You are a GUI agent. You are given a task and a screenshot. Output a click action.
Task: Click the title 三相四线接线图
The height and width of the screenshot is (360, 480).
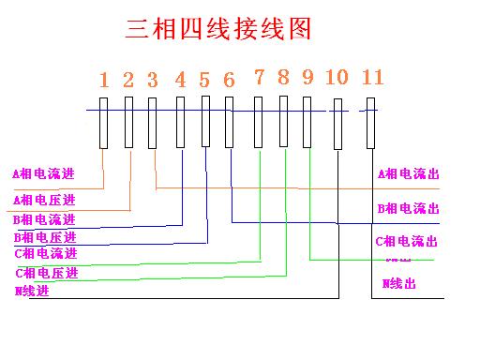[x=217, y=30]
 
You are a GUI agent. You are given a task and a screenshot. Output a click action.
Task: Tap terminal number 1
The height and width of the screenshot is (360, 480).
[x=104, y=79]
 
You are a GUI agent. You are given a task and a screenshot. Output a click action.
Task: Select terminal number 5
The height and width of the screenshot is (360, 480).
[x=204, y=79]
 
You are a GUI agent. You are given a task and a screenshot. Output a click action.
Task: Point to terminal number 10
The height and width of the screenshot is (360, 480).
[x=337, y=77]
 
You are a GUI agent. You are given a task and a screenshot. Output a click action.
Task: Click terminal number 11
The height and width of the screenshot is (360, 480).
[x=372, y=76]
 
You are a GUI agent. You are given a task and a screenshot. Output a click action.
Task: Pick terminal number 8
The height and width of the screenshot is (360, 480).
[x=283, y=77]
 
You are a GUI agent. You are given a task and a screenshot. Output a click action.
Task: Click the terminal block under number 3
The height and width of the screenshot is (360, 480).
[x=153, y=123]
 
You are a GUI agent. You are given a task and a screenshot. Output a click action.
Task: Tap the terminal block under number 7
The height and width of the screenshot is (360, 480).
[x=259, y=122]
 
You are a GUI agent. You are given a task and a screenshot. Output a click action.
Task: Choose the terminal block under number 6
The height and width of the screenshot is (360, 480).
[x=229, y=123]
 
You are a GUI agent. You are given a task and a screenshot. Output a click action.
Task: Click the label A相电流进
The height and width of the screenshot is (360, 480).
[x=43, y=174]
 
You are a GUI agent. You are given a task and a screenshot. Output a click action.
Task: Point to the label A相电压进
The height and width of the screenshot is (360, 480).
[x=44, y=200]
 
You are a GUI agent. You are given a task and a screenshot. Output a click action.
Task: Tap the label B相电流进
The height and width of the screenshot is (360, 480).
[x=44, y=219]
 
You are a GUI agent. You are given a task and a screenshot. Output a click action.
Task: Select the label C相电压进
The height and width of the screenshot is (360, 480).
[x=45, y=273]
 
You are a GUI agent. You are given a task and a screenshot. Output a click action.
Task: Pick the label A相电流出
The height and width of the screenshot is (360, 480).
[x=408, y=173]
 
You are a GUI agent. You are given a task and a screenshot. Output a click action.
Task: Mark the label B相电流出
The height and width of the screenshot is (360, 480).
[x=408, y=208]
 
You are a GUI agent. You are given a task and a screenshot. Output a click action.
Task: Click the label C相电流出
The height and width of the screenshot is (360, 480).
[x=406, y=242]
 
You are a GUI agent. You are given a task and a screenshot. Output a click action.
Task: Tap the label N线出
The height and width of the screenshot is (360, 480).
[x=399, y=283]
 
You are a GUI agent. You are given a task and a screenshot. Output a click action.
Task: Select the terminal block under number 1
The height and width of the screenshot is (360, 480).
[x=104, y=123]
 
